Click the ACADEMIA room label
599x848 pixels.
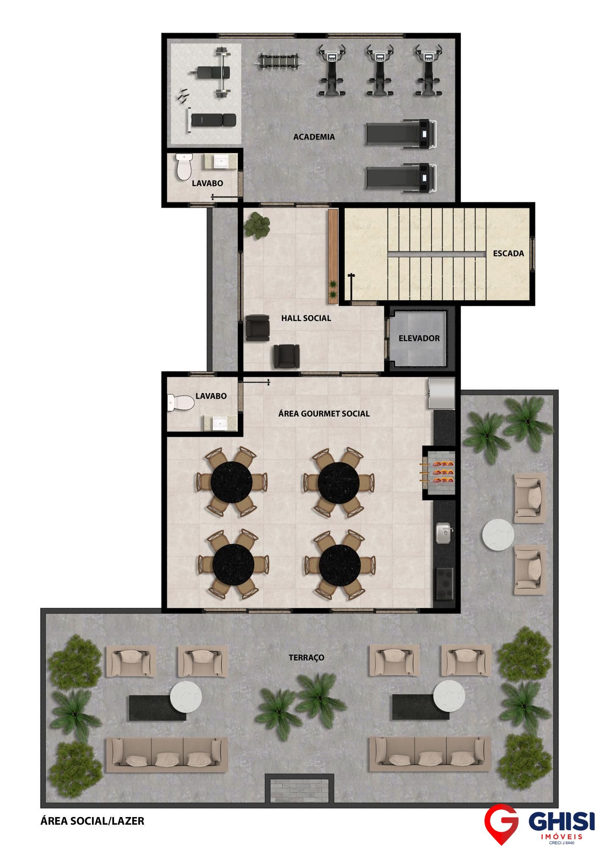point(314,137)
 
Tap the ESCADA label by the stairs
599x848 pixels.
point(508,254)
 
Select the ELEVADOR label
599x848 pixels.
point(419,338)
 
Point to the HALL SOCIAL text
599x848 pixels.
point(306,318)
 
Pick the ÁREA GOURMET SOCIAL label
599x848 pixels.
point(324,413)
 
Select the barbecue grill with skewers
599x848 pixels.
point(438,471)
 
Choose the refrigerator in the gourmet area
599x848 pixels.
point(441,393)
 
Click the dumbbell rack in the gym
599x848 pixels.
point(279,60)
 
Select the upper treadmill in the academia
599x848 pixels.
point(401,134)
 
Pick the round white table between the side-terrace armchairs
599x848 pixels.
point(498,535)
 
